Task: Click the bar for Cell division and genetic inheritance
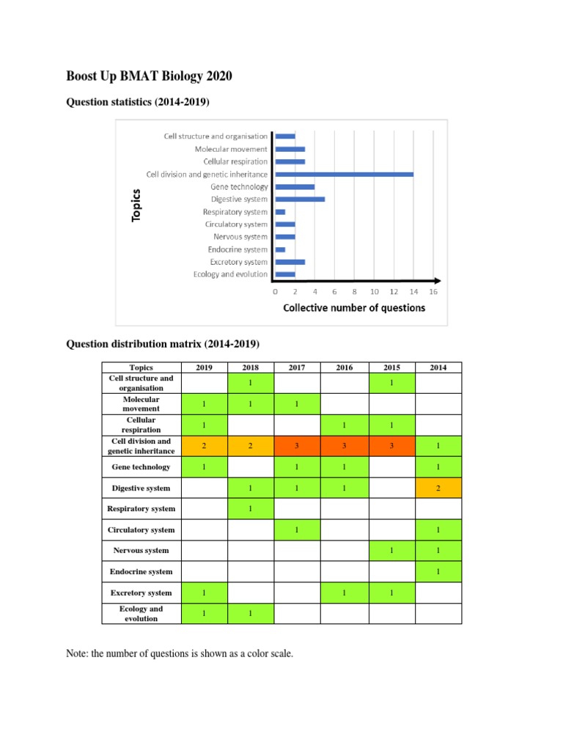[x=344, y=175]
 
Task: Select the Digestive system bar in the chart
[x=300, y=199]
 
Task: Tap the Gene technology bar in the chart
[x=295, y=187]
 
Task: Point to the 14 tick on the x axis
[x=413, y=292]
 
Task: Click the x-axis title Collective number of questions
[x=354, y=308]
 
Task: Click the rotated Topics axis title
[x=136, y=205]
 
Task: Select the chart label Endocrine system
[x=238, y=249]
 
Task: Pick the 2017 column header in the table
[x=297, y=367]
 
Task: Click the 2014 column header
[x=438, y=367]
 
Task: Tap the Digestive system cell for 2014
[x=438, y=488]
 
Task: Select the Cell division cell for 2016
[x=345, y=446]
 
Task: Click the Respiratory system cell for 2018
[x=250, y=508]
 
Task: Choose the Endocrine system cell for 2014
[x=438, y=571]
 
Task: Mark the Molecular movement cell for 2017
[x=297, y=404]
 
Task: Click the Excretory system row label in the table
[x=141, y=593]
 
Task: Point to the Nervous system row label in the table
[x=141, y=550]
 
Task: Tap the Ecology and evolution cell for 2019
[x=204, y=613]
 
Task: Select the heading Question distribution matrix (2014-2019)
[x=163, y=343]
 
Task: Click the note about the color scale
[x=180, y=653]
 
